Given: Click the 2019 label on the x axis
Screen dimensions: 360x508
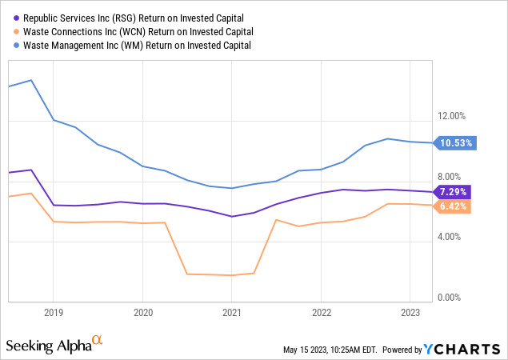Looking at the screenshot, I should coord(54,312).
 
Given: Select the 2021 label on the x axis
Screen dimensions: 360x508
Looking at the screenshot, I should coord(231,312).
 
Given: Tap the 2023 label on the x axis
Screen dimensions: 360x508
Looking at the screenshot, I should coord(410,312).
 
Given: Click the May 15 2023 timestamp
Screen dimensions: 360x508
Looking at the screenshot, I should coord(330,350).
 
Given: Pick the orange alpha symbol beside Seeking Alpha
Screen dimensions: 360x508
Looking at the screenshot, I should coord(98,341).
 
